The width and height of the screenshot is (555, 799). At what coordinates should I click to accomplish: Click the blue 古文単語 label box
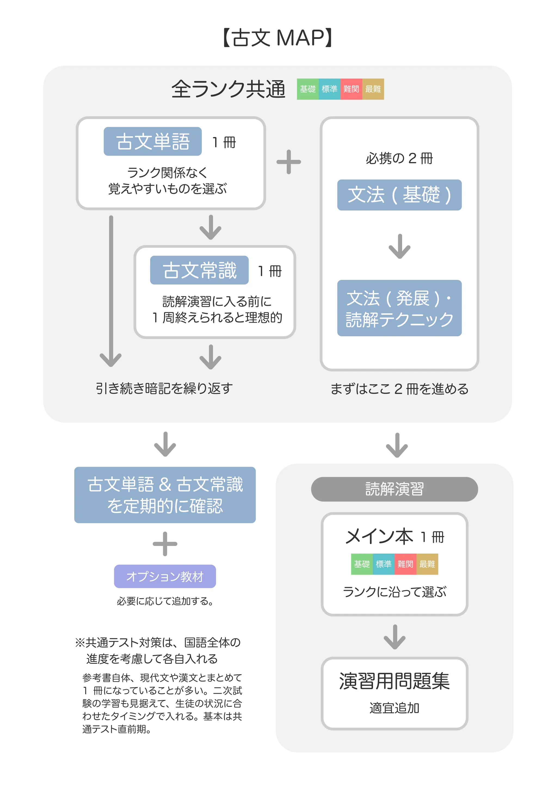pyautogui.click(x=153, y=141)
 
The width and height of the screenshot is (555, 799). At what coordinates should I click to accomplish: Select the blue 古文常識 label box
pyautogui.click(x=199, y=270)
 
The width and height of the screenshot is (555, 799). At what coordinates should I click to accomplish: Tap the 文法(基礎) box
pyautogui.click(x=399, y=195)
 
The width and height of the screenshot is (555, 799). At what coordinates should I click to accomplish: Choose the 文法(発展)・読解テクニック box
pyautogui.click(x=399, y=308)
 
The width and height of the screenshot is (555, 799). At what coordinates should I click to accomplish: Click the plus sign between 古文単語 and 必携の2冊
pyautogui.click(x=289, y=162)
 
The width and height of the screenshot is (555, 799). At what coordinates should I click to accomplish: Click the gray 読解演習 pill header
pyautogui.click(x=394, y=489)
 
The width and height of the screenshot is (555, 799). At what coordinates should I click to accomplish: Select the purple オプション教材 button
pyautogui.click(x=165, y=576)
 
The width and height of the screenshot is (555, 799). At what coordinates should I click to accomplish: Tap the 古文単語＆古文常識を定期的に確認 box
pyautogui.click(x=165, y=495)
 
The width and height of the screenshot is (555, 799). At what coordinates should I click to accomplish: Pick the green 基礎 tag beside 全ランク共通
pyautogui.click(x=308, y=89)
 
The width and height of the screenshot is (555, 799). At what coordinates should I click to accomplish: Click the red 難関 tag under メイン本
pyautogui.click(x=405, y=564)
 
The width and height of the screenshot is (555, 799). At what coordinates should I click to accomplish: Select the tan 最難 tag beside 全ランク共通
pyautogui.click(x=373, y=89)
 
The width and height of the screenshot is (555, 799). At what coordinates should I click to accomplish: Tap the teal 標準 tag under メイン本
pyautogui.click(x=384, y=564)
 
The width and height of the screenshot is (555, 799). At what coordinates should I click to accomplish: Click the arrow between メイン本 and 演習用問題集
pyautogui.click(x=394, y=637)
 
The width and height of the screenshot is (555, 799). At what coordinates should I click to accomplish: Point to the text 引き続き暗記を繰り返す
pyautogui.click(x=164, y=388)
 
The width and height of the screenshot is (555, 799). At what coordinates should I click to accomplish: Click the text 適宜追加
pyautogui.click(x=394, y=708)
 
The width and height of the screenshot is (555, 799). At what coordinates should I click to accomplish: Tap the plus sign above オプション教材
pyautogui.click(x=165, y=544)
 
